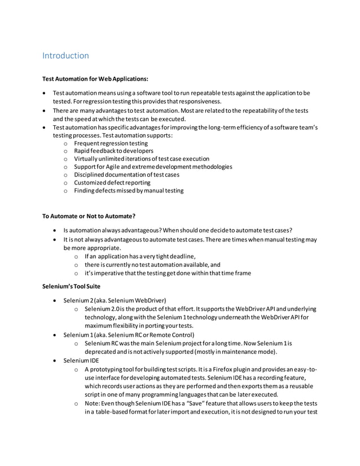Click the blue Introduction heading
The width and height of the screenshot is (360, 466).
coord(65,55)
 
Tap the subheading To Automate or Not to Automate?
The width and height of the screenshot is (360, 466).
coord(89,216)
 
